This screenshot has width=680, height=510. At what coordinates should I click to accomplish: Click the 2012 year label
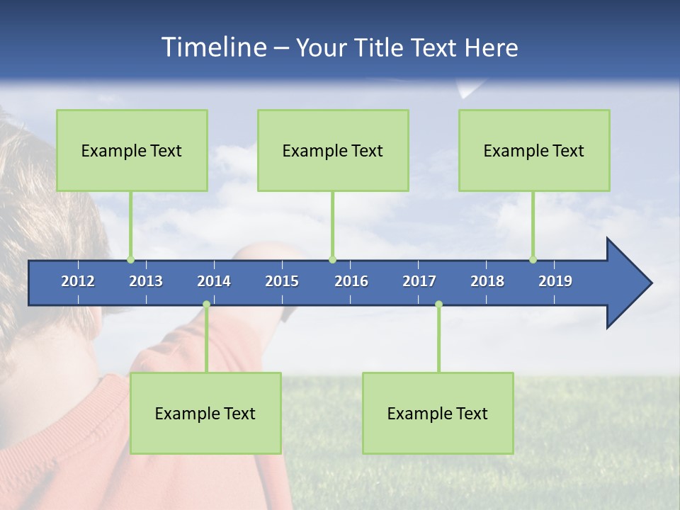pos(78,281)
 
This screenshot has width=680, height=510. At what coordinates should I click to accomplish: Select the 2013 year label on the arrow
pos(146,281)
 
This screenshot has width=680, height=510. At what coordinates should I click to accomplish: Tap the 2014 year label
pos(214,281)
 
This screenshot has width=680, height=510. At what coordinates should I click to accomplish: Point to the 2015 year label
pos(282,281)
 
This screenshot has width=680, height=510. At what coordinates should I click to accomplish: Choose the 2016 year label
pos(351,281)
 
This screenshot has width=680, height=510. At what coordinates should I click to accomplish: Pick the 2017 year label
pos(419,281)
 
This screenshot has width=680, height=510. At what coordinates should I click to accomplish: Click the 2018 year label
pos(487,281)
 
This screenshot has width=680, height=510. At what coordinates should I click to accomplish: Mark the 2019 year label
pos(555,281)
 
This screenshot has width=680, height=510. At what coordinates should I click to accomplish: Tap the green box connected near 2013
pos(132,150)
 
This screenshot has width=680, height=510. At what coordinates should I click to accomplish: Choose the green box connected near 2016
pos(333,150)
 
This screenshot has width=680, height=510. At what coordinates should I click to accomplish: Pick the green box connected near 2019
pos(534,150)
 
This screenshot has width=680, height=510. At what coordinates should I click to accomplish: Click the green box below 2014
pos(205,413)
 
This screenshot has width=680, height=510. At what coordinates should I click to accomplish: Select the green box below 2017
pos(438,413)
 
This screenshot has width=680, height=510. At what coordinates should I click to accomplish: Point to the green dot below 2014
pos(206,305)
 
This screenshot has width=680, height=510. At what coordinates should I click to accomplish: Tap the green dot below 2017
pos(438,305)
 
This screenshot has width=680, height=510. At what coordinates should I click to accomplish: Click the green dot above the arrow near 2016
pos(332,259)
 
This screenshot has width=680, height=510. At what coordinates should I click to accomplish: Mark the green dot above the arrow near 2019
pos(533,259)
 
